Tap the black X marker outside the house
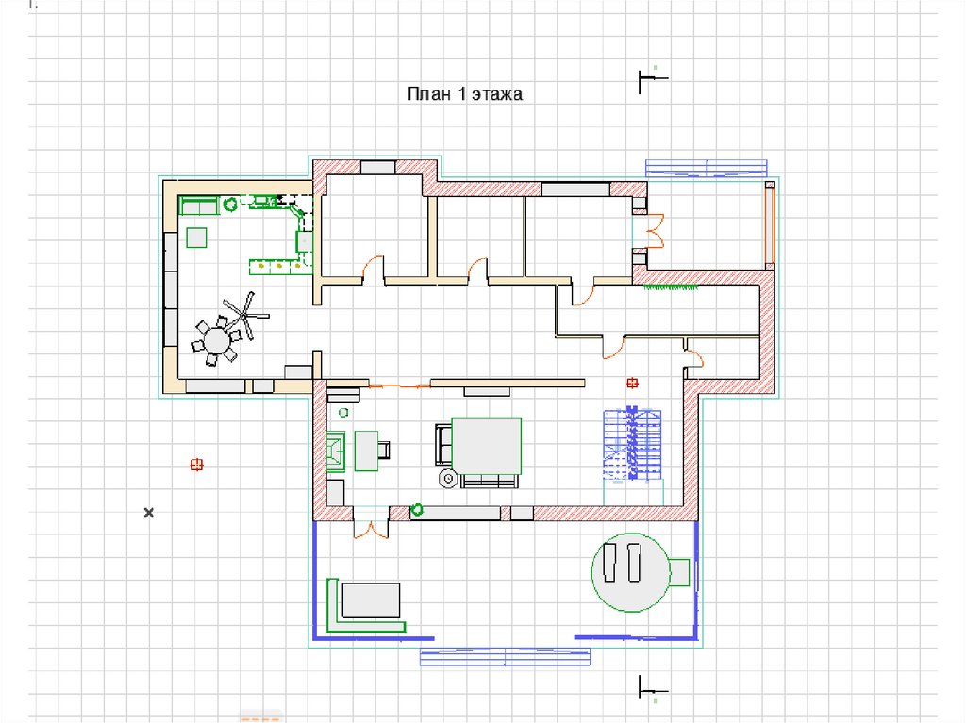[x=148, y=513]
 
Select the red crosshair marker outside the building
[x=196, y=465]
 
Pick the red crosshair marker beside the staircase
[x=632, y=383]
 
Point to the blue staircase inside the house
[x=632, y=443]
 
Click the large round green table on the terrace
[x=630, y=573]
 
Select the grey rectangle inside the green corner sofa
[x=371, y=600]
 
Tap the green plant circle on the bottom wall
[x=417, y=509]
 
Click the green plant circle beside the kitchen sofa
[x=230, y=204]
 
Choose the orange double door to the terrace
[x=371, y=530]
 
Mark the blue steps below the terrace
[x=506, y=656]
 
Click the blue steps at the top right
[x=706, y=168]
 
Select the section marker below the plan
[x=653, y=688]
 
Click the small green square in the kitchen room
[x=196, y=238]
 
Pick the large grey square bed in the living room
[x=487, y=446]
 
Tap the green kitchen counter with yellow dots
[x=279, y=268]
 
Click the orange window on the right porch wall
[x=770, y=225]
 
